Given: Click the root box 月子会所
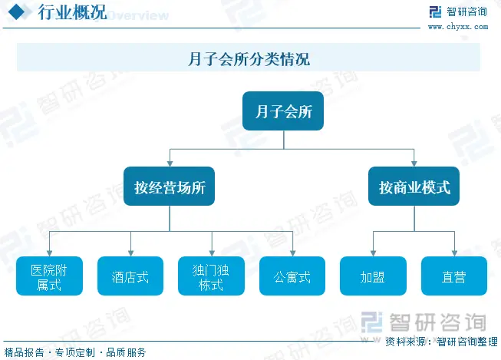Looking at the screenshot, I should pyautogui.click(x=283, y=112).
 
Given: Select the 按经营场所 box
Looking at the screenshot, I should pyautogui.click(x=169, y=187).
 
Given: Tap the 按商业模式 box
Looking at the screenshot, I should pyautogui.click(x=414, y=187).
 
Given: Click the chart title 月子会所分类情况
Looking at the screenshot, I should pyautogui.click(x=249, y=59).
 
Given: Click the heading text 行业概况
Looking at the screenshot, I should pyautogui.click(x=72, y=13).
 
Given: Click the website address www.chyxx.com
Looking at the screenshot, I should pyautogui.click(x=457, y=26).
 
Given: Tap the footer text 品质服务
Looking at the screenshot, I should pyautogui.click(x=126, y=352).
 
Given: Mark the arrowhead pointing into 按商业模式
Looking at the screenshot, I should pyautogui.click(x=414, y=163).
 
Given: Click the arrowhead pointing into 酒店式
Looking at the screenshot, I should pyautogui.click(x=130, y=253).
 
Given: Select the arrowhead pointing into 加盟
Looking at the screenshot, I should pyautogui.click(x=373, y=253).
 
